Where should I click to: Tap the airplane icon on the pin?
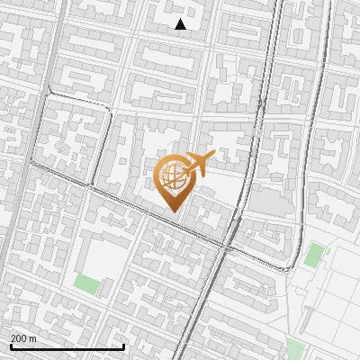tap(199, 163)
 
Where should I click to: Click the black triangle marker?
tap(180, 24)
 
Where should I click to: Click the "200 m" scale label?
tap(23, 338)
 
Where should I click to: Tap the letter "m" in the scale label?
tap(32, 338)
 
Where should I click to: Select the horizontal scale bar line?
tap(67, 346)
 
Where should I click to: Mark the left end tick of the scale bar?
tap(11, 346)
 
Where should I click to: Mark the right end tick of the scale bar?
tap(123, 346)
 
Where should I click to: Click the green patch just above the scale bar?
tap(86, 285)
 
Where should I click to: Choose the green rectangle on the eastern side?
tap(313, 255)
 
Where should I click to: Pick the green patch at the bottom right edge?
tap(295, 349)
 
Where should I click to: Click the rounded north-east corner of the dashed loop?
tap(109, 110)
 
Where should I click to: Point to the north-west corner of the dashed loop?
tap(49, 94)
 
